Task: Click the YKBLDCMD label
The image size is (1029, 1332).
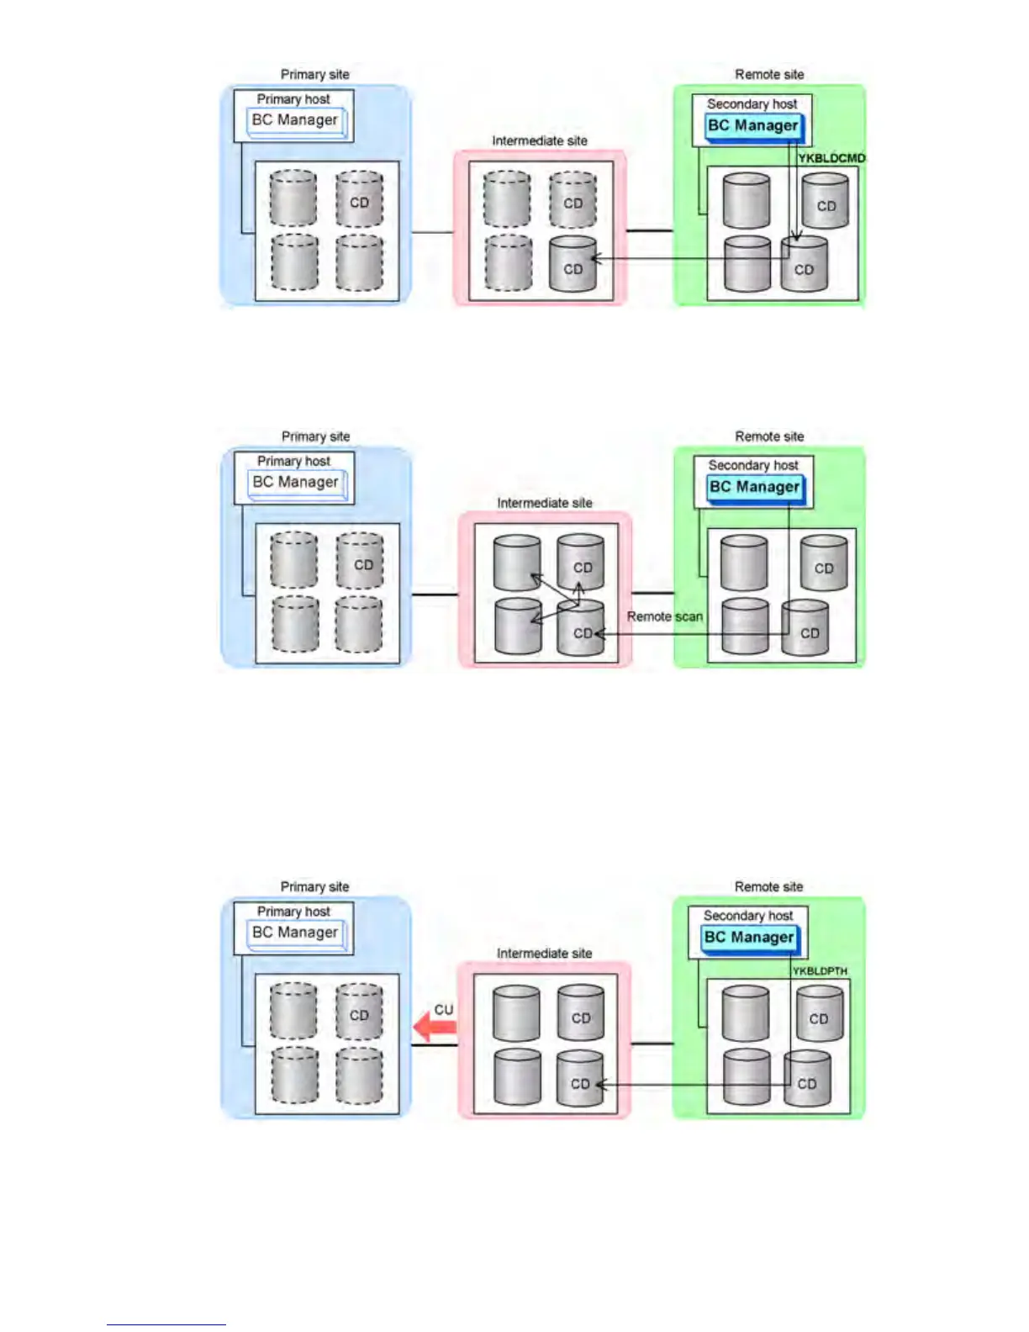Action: [x=831, y=158]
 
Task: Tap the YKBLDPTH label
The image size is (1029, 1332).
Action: [x=820, y=971]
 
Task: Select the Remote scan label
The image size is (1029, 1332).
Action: [x=664, y=616]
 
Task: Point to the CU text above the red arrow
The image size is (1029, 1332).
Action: [x=443, y=1009]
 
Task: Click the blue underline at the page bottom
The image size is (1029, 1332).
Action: [x=166, y=1324]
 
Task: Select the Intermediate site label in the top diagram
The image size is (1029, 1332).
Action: [x=540, y=140]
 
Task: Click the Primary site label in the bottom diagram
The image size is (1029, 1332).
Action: [x=314, y=886]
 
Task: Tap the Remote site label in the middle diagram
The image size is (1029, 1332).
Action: [x=769, y=436]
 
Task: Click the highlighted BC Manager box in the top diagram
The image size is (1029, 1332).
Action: [x=753, y=126]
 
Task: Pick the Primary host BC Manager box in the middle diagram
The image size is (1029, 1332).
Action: [x=296, y=483]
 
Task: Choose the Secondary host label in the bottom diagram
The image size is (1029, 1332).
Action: [x=748, y=915]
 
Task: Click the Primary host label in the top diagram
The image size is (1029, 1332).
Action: [x=293, y=99]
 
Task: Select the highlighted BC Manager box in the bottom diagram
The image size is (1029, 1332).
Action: [x=749, y=938]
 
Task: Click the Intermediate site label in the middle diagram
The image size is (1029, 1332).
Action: [x=544, y=503]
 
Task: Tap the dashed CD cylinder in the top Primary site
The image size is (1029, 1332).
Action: [x=359, y=200]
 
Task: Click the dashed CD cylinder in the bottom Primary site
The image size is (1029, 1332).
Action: [x=359, y=1013]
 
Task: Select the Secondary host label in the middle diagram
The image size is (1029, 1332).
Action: [x=753, y=465]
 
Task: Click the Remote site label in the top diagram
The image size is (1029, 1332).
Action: [x=769, y=74]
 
